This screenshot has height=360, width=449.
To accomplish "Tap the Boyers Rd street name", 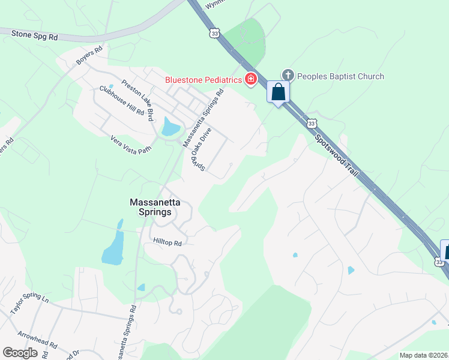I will coord(89,56).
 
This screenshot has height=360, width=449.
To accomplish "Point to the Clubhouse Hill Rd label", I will coord(122,101).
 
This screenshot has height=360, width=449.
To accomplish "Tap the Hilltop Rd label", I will coord(167,242).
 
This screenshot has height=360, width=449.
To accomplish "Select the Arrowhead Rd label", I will coord(37,340).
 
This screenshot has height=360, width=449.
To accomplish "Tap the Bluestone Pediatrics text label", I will coord(204,80).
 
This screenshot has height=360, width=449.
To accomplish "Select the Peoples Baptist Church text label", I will coord(340,76).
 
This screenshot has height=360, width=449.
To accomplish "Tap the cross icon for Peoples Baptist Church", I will coord(288,75).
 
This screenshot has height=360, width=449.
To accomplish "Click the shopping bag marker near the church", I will coord(278,92).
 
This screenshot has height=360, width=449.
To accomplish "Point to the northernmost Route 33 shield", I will coord(214,34).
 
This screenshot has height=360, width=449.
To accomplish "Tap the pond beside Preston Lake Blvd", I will coord(170,127).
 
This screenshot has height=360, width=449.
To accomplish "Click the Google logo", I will coord(20,353).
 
